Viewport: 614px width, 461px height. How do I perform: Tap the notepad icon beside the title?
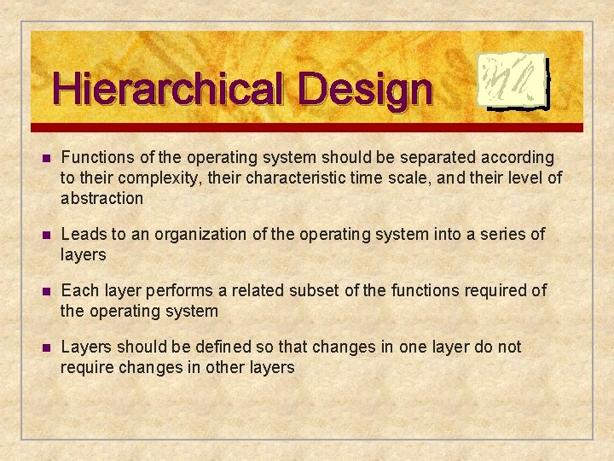(511, 81)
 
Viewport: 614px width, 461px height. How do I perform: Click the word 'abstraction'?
(101, 198)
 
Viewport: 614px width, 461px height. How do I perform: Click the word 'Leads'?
(83, 234)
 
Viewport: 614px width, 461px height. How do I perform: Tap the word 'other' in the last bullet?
(228, 367)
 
